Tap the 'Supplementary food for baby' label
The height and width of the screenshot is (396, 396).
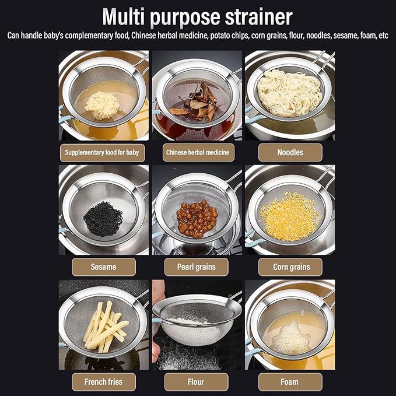point(103,153)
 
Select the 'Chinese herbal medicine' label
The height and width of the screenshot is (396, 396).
point(197,153)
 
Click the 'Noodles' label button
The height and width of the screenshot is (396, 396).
point(290,153)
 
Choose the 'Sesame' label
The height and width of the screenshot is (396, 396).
point(103,267)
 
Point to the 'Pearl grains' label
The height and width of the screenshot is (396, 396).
point(197,267)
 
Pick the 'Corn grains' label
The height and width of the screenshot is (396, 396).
point(290,267)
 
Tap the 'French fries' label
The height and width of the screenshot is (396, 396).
point(104,382)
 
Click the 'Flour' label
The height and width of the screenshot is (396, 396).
point(197,382)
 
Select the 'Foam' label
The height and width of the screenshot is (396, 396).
point(289,382)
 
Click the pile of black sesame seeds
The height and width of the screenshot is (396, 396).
point(103,219)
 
